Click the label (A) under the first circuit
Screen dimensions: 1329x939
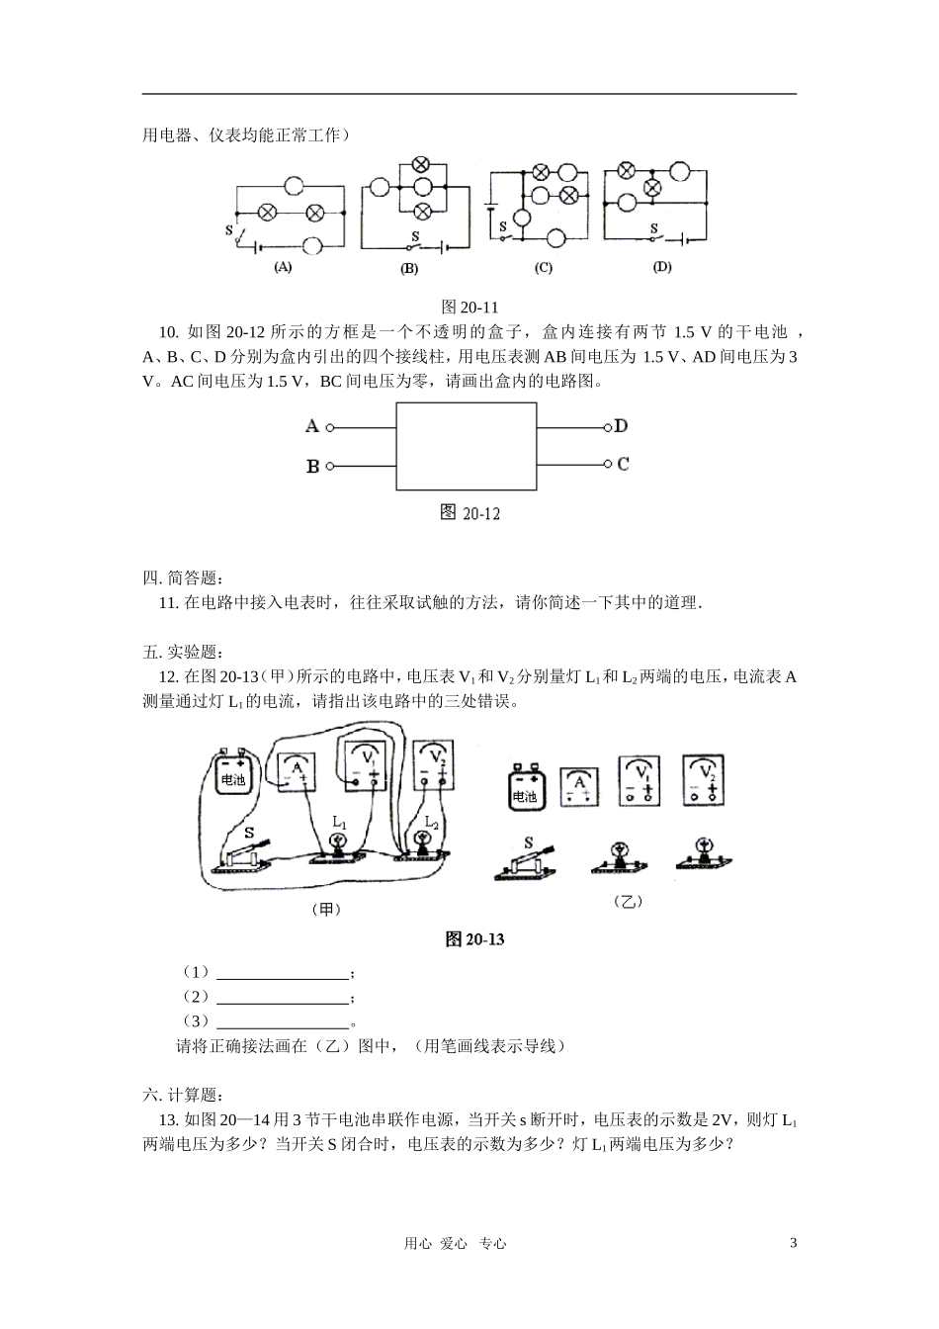point(283,267)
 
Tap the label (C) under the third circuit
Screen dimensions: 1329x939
point(543,267)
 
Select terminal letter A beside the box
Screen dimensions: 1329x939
point(312,426)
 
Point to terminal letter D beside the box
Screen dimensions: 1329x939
point(621,426)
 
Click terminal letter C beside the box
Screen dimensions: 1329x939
point(623,463)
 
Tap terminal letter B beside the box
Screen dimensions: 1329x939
point(312,466)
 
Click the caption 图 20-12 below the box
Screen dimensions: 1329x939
point(469,512)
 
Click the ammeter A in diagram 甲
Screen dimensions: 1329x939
point(297,772)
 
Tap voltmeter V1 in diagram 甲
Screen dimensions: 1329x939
point(365,764)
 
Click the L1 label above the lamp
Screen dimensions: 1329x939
point(339,821)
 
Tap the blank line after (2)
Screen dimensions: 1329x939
point(283,997)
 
